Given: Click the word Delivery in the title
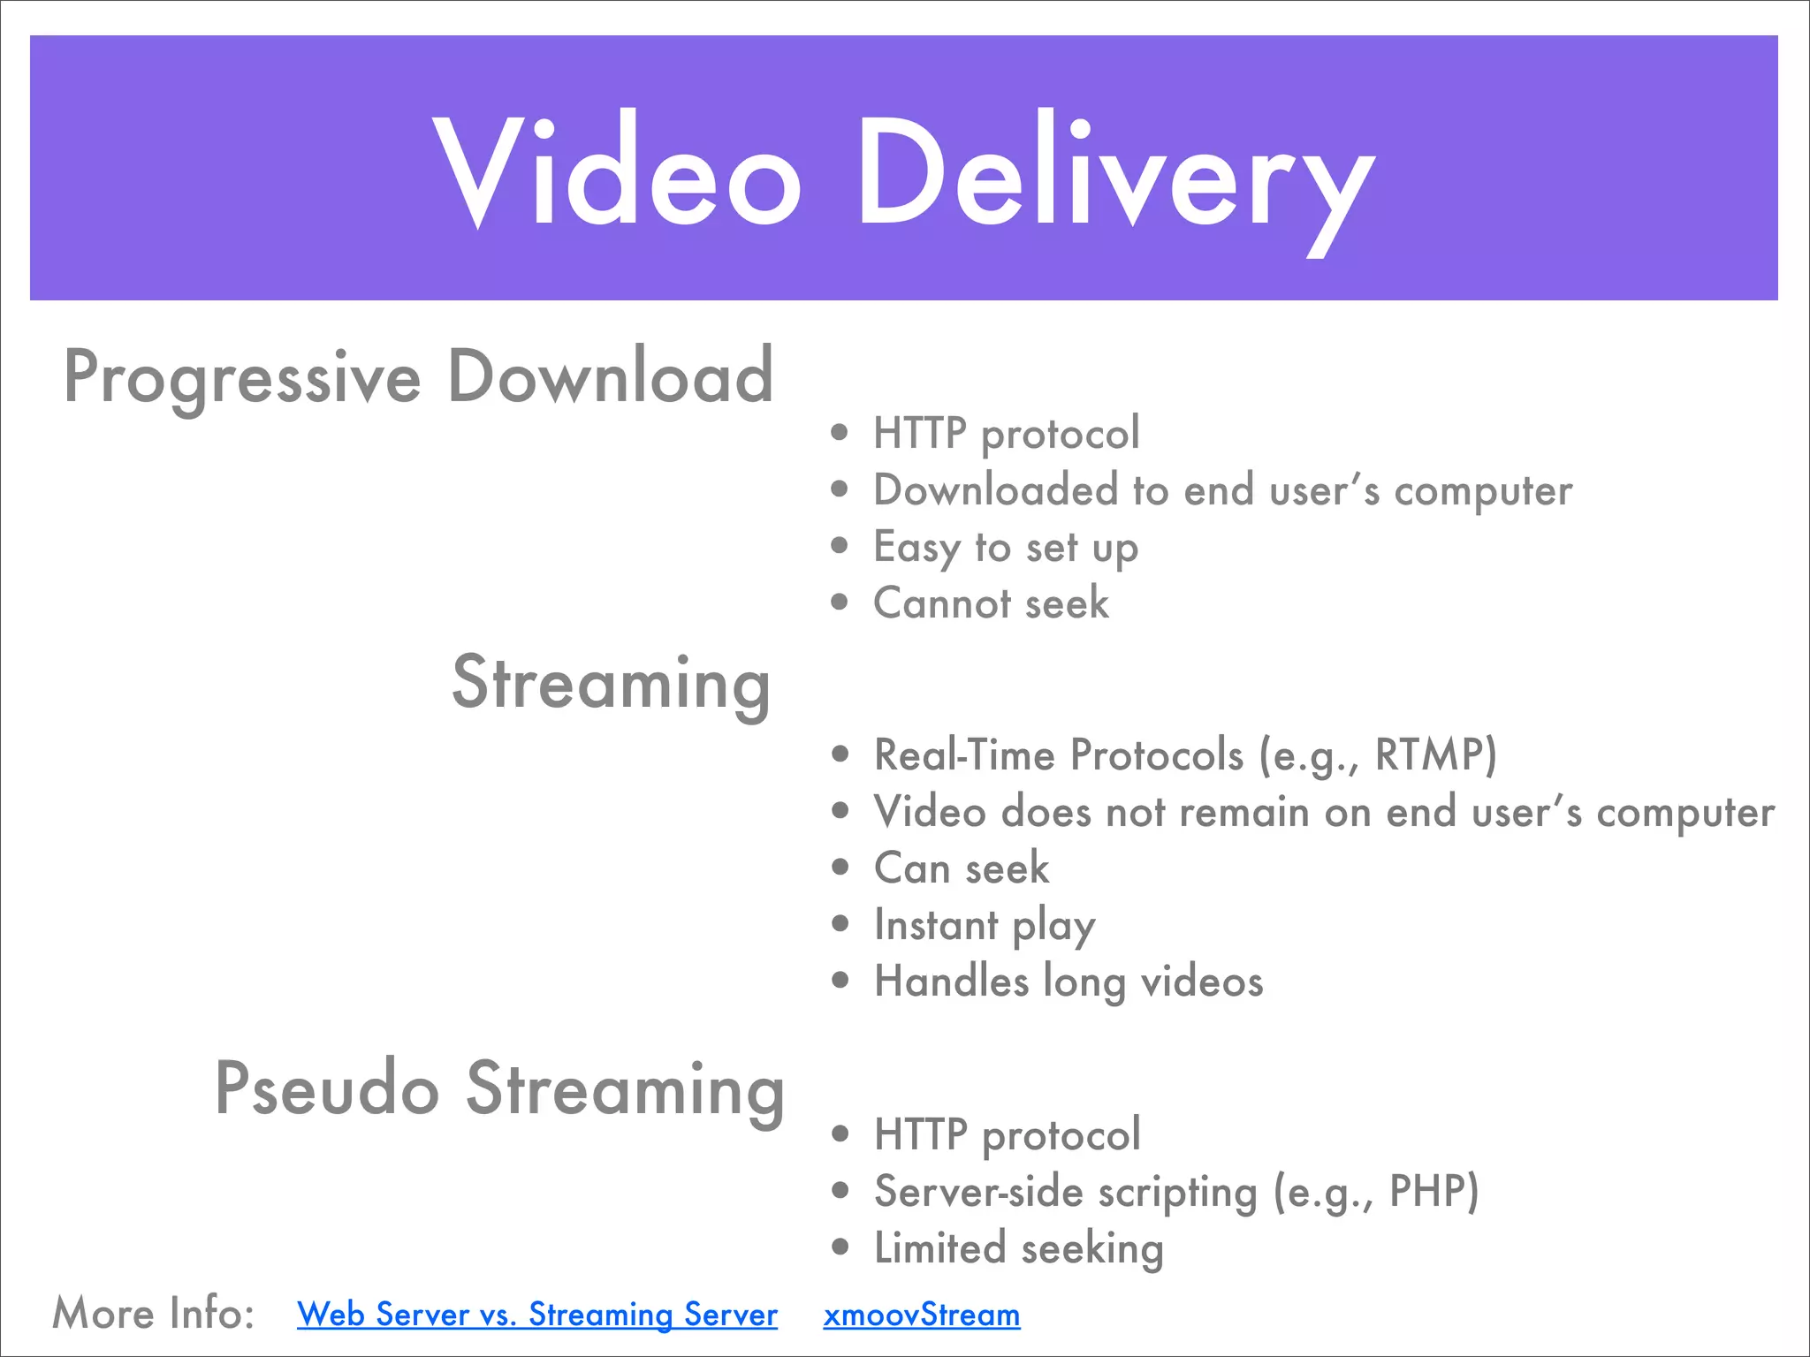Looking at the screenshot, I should pyautogui.click(x=1115, y=177).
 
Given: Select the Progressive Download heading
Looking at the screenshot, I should pyautogui.click(x=419, y=377).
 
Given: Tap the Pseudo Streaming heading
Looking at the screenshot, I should pyautogui.click(x=499, y=1090).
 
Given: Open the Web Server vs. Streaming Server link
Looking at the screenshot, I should pyautogui.click(x=537, y=1315).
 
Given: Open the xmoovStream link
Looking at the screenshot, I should pyautogui.click(x=921, y=1315).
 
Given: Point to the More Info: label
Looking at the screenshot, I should pyautogui.click(x=154, y=1313).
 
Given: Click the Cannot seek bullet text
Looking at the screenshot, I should pyautogui.click(x=991, y=603).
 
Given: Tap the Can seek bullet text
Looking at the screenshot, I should pyautogui.click(x=962, y=868).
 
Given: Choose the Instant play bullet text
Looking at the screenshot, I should pyautogui.click(x=985, y=926).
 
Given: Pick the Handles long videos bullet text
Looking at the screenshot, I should pyautogui.click(x=1069, y=982).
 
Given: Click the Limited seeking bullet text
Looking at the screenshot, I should pyautogui.click(x=1018, y=1248).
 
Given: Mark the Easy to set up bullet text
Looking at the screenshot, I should pyautogui.click(x=1006, y=548).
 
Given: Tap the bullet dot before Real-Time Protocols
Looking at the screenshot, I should pyautogui.click(x=840, y=754).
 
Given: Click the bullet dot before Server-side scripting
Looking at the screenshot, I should pyautogui.click(x=840, y=1191).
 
